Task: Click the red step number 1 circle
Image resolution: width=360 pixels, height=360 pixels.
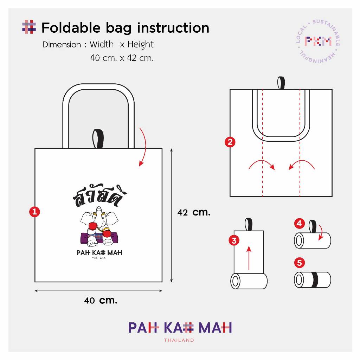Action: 34,211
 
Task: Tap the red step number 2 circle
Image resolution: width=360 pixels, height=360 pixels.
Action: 230,142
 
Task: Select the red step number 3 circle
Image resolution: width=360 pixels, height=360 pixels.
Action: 234,240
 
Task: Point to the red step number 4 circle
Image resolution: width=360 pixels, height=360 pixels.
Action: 300,223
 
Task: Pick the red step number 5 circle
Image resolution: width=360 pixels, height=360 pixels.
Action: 300,262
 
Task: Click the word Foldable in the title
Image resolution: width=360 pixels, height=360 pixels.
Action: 71,28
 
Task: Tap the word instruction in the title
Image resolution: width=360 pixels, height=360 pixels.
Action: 173,28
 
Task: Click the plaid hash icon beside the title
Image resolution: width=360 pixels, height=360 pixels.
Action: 29,27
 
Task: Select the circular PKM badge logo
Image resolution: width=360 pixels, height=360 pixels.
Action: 318,41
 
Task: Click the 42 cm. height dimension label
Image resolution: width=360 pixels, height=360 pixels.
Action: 194,212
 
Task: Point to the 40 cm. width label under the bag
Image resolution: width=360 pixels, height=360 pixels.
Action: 101,300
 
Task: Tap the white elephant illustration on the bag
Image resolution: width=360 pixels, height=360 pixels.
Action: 99,226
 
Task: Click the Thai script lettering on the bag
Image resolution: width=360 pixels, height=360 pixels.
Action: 100,195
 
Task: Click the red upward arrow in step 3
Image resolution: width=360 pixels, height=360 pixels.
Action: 249,258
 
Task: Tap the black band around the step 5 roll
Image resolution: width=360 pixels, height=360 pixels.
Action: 315,279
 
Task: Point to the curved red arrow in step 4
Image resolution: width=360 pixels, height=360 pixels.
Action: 321,232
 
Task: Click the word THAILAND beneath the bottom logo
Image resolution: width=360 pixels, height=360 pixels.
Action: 179,340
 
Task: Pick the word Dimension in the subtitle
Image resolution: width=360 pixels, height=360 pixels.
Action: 62,45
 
